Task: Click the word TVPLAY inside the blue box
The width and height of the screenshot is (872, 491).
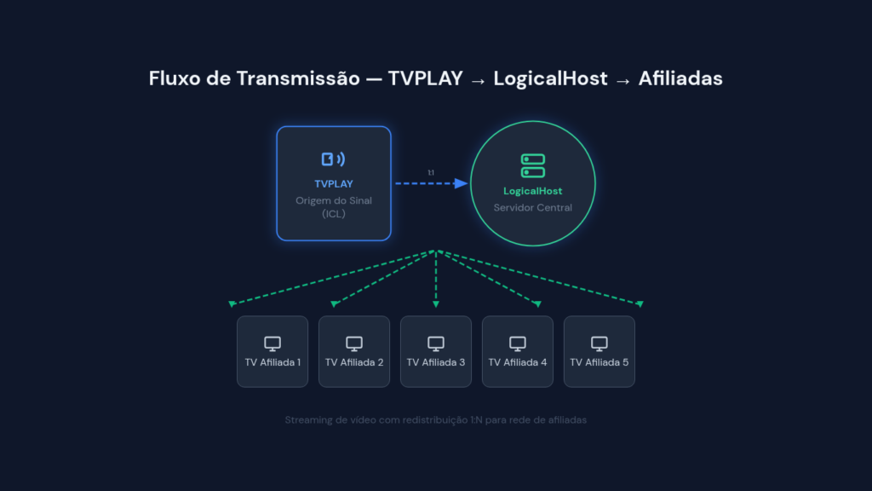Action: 334,184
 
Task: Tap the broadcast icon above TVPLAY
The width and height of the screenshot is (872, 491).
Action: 333,159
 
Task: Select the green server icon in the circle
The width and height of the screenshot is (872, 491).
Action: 533,166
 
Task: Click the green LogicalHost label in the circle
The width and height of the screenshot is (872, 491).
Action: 533,191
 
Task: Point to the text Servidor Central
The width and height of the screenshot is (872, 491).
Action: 533,208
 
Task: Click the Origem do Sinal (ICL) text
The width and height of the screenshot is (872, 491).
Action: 334,207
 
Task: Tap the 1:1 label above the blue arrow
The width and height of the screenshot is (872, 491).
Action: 431,172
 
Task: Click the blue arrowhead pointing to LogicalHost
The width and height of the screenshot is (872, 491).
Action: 461,183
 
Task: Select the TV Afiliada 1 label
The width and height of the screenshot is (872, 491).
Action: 272,362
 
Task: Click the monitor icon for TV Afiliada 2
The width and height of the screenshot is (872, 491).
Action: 354,344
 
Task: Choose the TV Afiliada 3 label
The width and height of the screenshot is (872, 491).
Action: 436,362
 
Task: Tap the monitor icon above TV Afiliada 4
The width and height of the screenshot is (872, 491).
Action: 518,344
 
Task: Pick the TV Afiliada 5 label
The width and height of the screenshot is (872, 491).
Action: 599,362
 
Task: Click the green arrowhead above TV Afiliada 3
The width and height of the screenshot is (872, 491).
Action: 436,304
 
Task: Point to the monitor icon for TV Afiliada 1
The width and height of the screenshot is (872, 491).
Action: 272,344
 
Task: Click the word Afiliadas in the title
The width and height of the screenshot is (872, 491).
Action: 680,78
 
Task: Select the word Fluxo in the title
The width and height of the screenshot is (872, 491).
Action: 174,78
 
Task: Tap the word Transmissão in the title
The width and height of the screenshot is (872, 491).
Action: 298,78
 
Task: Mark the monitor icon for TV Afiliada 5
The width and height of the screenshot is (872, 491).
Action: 599,344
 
